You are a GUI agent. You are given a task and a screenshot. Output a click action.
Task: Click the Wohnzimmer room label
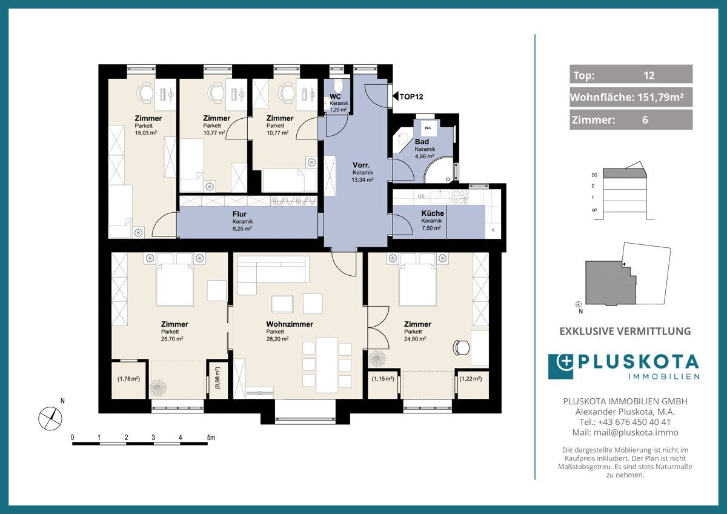(290, 324)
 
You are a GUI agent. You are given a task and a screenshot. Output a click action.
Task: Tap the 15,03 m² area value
(146, 133)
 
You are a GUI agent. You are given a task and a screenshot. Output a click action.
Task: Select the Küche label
(433, 213)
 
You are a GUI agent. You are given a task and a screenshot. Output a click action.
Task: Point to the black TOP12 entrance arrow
(395, 96)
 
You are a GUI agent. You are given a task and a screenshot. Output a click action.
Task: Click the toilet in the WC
(339, 87)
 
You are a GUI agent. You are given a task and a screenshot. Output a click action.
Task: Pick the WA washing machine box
(428, 128)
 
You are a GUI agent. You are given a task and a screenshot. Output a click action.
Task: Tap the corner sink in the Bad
(402, 140)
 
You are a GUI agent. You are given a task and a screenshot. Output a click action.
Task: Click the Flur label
(239, 214)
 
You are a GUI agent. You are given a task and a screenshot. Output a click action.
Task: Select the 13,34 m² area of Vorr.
(362, 179)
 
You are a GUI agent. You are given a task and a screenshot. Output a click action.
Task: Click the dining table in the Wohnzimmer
(327, 365)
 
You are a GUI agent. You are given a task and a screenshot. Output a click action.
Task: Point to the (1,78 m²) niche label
(129, 379)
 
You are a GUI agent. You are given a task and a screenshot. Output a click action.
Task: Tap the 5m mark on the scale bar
(211, 438)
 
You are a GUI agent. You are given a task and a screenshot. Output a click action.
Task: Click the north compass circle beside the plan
(50, 419)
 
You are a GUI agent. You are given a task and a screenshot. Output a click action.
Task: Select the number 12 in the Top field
(649, 76)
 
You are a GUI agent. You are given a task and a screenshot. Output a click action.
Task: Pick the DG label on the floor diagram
(594, 175)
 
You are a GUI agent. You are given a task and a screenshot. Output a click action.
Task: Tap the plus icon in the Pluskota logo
(565, 362)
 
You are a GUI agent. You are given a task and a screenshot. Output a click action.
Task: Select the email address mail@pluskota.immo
(636, 433)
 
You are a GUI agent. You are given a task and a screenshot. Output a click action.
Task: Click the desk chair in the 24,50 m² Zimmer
(461, 347)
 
